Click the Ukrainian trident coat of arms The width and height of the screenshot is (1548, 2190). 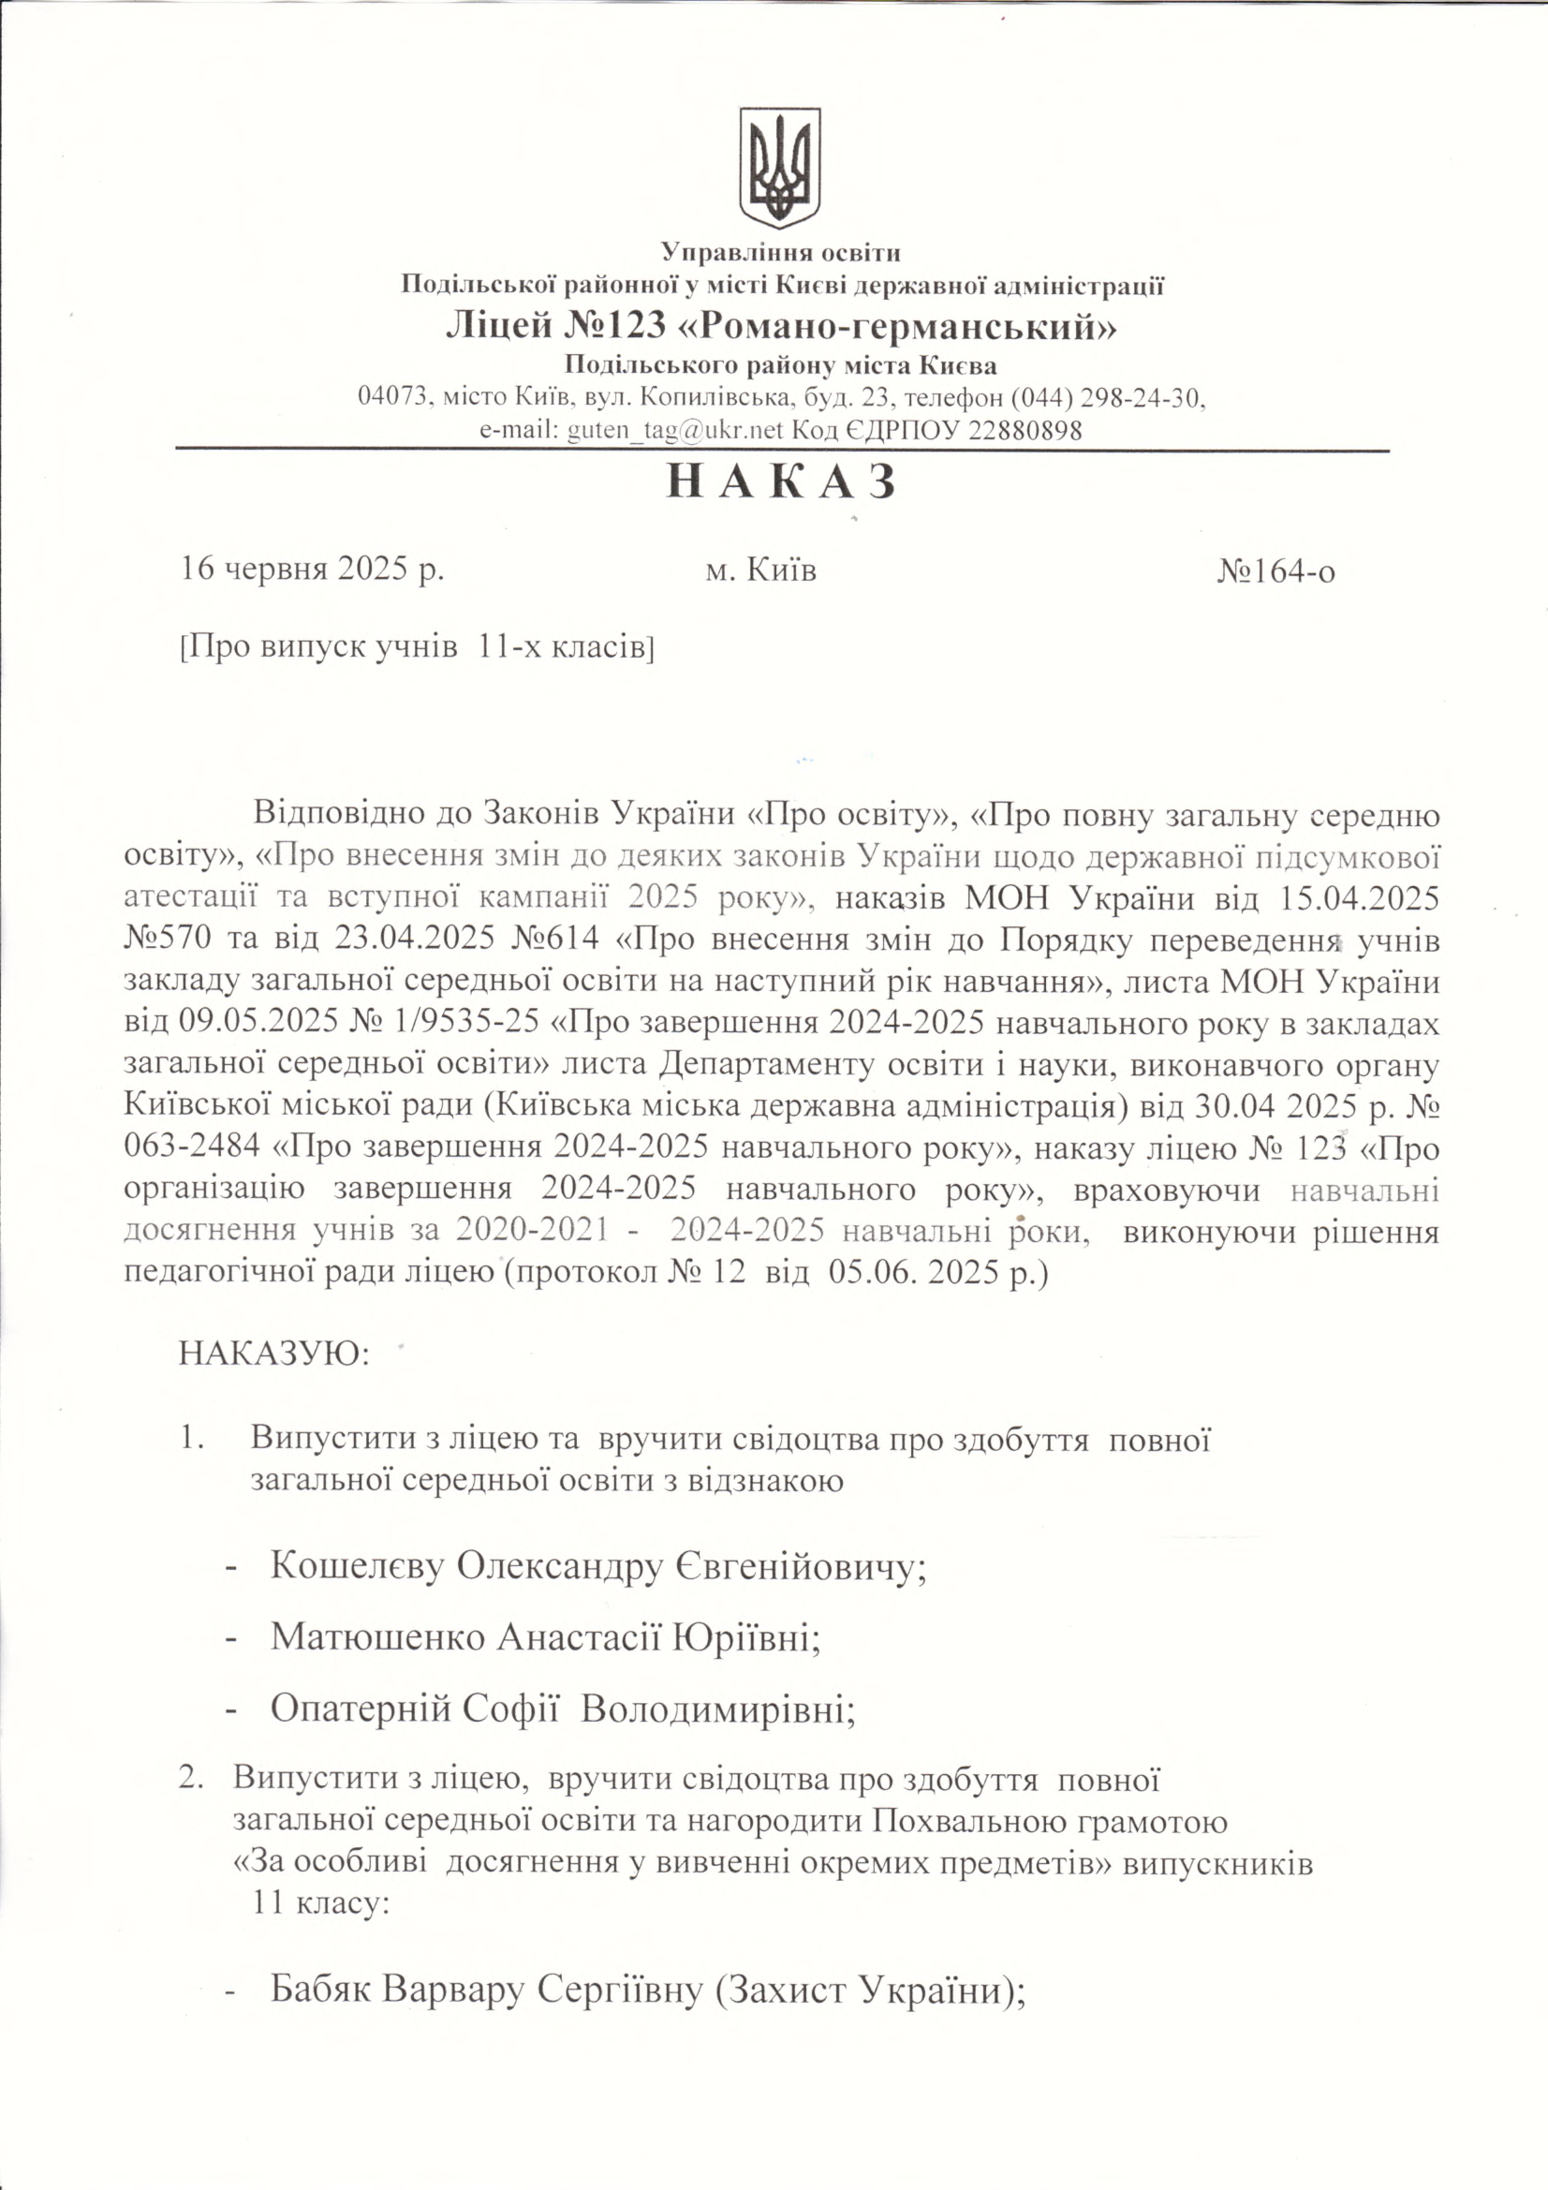780,167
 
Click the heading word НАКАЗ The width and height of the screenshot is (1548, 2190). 781,482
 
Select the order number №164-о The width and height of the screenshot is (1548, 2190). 1275,570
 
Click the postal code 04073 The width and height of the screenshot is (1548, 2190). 391,397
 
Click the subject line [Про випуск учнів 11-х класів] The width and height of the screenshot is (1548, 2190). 417,647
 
